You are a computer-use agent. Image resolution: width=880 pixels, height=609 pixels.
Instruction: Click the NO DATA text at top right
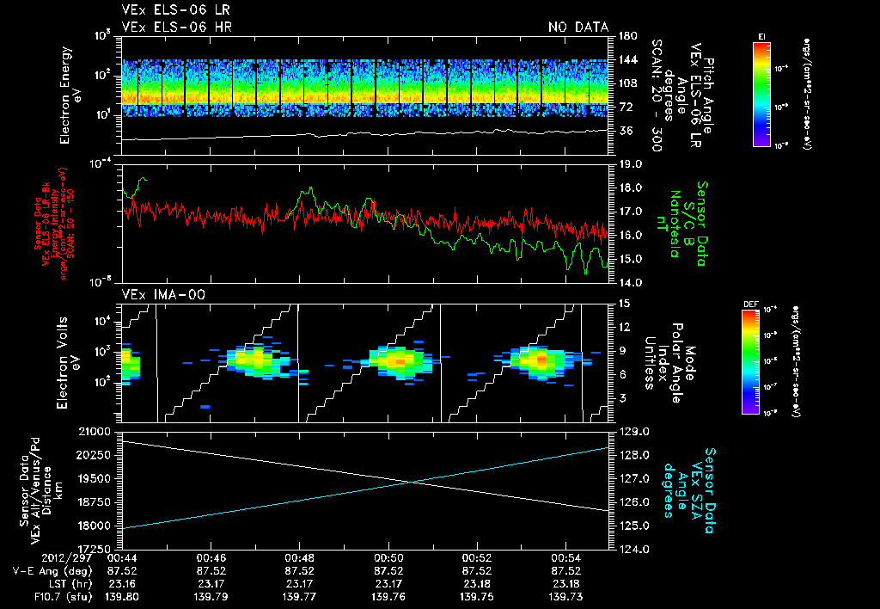coord(577,28)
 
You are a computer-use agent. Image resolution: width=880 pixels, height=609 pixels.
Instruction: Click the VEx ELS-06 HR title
coord(176,28)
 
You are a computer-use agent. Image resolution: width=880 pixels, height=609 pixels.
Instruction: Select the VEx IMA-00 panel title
coord(158,294)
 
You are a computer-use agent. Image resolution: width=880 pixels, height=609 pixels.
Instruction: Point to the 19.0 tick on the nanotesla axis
coord(631,163)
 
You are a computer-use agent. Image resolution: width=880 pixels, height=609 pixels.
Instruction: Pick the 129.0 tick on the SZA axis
coord(631,430)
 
